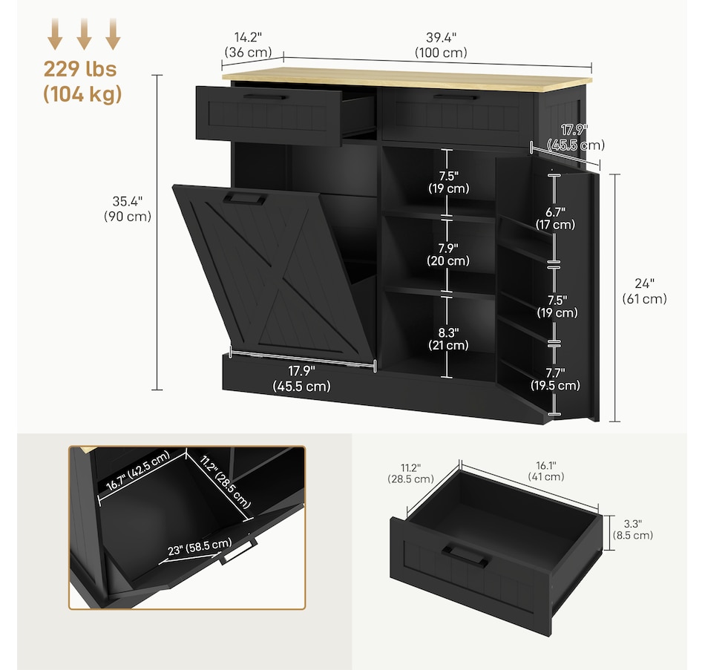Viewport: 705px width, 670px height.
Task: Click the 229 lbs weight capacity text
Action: pos(80,69)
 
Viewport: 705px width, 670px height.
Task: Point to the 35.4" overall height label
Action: pos(128,208)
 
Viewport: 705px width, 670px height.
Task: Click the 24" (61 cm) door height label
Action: pos(643,291)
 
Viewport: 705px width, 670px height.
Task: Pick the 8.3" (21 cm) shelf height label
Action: pos(448,338)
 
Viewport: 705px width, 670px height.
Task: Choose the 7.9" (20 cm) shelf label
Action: pos(448,254)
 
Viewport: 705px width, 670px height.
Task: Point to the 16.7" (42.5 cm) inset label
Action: pos(139,473)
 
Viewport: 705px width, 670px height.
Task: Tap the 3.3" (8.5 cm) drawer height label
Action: pos(632,528)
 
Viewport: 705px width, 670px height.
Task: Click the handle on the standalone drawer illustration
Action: pos(466,555)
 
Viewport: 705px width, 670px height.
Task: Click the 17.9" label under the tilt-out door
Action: pos(301,378)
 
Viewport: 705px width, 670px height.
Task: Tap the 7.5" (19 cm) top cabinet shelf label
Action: pos(448,182)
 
